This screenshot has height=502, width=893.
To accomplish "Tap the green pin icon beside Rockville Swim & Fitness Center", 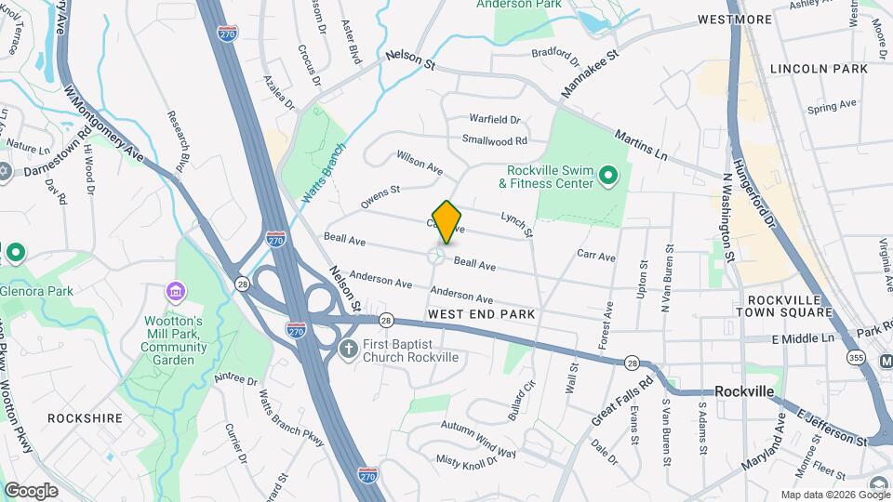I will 608,174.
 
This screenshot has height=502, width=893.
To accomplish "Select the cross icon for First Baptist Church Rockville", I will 348,350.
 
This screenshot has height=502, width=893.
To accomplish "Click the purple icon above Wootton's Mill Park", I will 174,293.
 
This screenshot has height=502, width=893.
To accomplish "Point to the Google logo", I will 31,490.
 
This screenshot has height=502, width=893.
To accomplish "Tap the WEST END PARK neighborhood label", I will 481,314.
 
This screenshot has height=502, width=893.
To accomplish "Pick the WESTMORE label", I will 735,20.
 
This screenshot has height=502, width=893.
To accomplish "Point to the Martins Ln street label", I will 641,143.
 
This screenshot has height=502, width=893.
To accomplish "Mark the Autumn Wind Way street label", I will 478,440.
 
